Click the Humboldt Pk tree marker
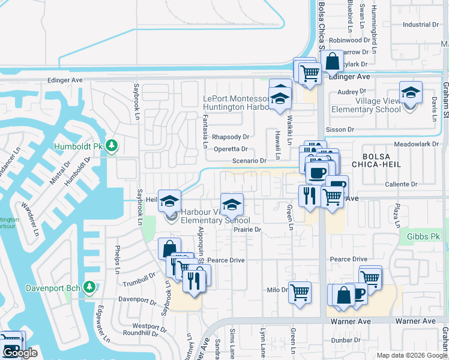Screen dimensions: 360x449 [x=112, y=146]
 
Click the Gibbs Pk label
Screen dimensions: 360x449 [x=424, y=238]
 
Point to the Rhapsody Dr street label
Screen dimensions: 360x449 [x=231, y=137]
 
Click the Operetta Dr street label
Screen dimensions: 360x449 [x=231, y=149]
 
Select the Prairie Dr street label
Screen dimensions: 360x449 [x=248, y=229]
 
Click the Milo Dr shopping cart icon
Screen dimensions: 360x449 [x=300, y=293]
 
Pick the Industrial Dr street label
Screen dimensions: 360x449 [x=420, y=25]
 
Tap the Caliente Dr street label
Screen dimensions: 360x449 [x=401, y=184]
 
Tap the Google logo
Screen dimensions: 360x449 [x=20, y=353]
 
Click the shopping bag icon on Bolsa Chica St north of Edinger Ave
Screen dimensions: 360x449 [x=331, y=61]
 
